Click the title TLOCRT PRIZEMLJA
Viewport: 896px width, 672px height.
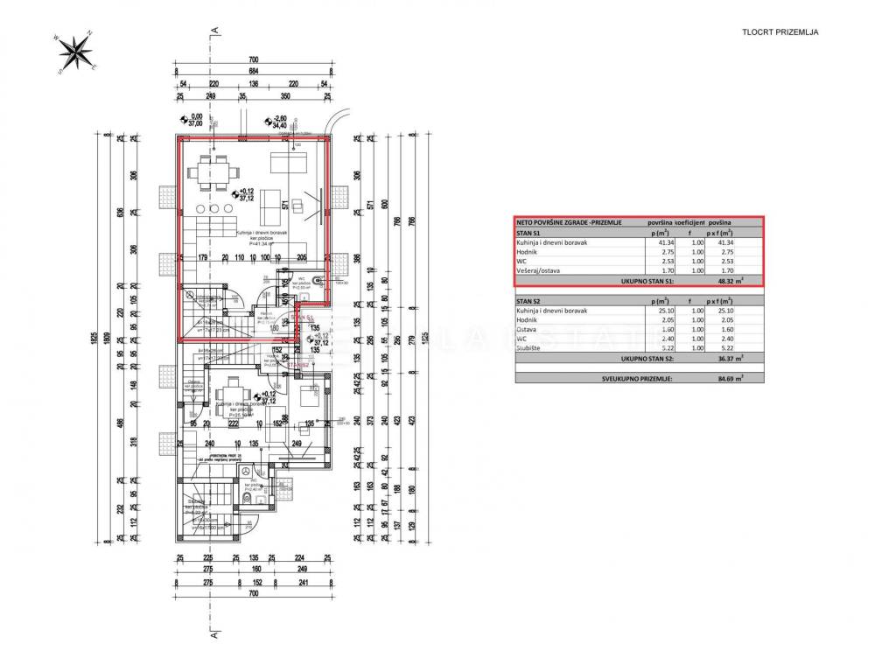[780, 32]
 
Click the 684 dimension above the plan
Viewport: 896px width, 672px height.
[253, 71]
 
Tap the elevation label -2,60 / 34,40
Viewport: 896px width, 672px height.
[280, 121]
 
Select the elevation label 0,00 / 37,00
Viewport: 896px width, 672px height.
[196, 121]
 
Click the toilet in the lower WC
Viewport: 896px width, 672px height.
[248, 498]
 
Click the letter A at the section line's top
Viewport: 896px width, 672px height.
[212, 31]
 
